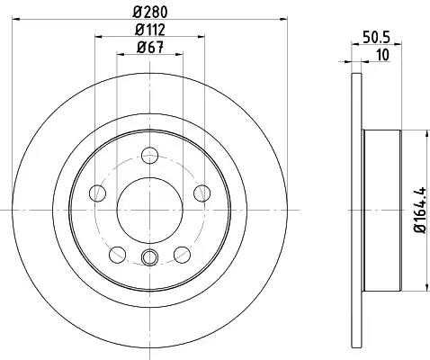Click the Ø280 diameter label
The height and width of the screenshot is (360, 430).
149,13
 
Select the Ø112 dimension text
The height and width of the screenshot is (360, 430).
150,30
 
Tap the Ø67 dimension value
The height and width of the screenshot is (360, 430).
150,48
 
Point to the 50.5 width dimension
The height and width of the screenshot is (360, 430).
376,38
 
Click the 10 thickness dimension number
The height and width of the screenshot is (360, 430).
382,55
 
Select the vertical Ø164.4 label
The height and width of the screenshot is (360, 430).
420,210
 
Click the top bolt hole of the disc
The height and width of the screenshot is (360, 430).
149,156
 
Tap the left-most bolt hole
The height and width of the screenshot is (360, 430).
97,193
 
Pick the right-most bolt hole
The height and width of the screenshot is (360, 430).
202,193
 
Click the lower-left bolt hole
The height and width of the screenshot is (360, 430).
117,255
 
